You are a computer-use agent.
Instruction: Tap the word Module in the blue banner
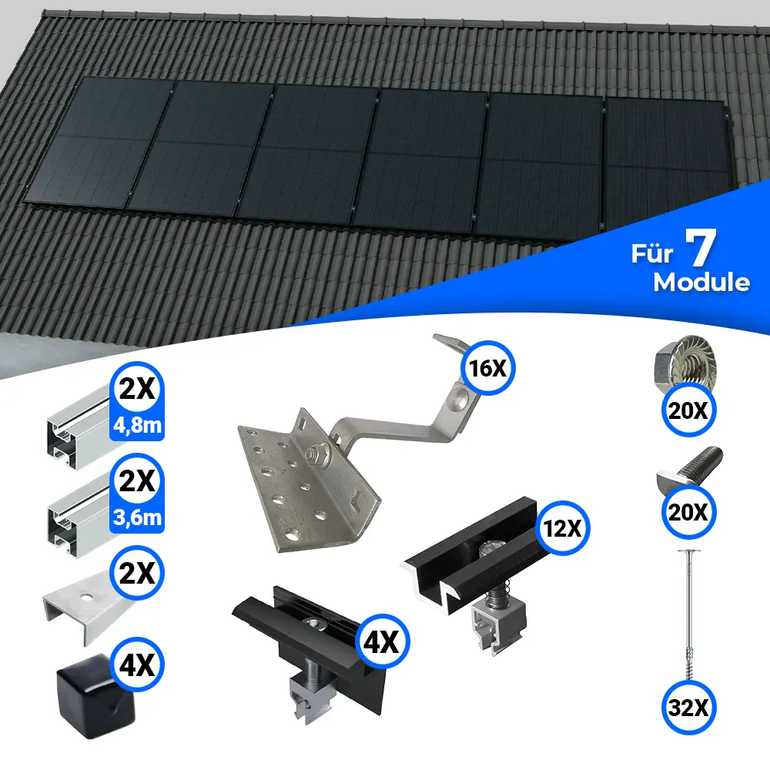click(701, 283)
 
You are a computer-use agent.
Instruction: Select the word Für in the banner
click(651, 253)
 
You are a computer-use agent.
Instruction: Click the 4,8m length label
click(137, 425)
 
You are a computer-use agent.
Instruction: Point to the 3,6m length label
click(137, 517)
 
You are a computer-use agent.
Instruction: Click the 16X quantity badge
click(487, 368)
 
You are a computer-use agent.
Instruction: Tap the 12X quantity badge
click(563, 528)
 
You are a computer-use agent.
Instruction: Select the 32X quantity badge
click(688, 708)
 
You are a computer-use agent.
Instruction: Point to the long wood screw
click(689, 614)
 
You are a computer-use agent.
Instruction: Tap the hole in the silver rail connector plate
click(87, 598)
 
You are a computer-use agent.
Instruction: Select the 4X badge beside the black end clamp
click(382, 641)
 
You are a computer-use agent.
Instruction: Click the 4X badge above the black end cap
click(137, 665)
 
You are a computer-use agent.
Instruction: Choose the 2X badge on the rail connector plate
click(137, 573)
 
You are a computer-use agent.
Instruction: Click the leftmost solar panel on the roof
click(99, 142)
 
